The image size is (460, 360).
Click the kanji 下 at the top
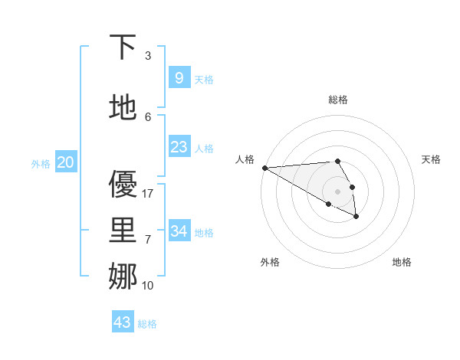click(x=123, y=47)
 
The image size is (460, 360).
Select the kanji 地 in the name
click(x=123, y=108)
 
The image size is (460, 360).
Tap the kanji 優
click(x=123, y=184)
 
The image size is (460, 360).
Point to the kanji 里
click(x=123, y=231)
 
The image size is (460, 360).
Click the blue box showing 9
click(x=179, y=77)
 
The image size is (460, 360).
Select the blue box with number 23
click(x=179, y=147)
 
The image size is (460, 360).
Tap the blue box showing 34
click(x=179, y=231)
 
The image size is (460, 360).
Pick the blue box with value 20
click(x=66, y=162)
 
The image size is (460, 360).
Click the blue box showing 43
click(x=123, y=322)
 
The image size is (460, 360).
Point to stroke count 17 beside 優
click(x=149, y=194)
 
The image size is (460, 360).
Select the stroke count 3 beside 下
click(x=148, y=56)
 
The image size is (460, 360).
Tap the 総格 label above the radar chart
click(x=338, y=100)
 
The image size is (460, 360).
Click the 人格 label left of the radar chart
click(x=245, y=159)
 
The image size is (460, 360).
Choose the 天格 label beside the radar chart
click(x=431, y=159)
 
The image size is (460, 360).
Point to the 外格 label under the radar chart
click(x=270, y=262)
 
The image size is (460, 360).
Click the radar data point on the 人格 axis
click(x=264, y=168)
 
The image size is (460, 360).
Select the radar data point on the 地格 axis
click(x=356, y=217)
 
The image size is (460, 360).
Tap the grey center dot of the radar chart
click(x=338, y=191)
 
